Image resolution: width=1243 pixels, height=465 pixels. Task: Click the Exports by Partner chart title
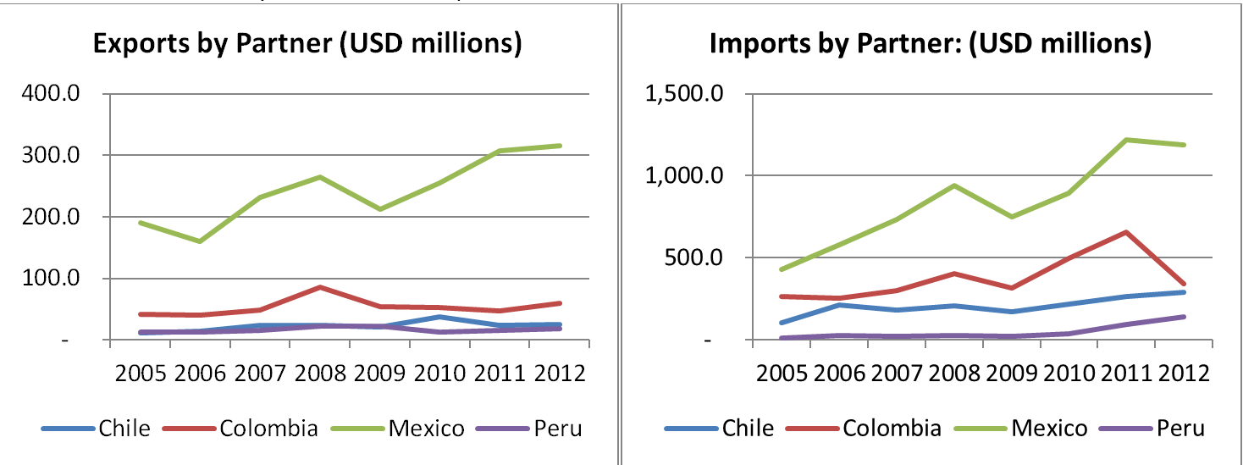(x=307, y=44)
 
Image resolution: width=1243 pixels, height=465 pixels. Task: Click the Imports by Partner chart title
(x=931, y=44)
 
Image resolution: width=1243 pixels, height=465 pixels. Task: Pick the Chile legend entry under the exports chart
(x=124, y=429)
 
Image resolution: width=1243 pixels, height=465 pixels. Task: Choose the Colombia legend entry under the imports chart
(x=891, y=429)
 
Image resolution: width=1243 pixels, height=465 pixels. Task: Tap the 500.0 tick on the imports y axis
(x=685, y=257)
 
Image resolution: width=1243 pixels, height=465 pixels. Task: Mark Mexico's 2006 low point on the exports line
(x=200, y=241)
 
